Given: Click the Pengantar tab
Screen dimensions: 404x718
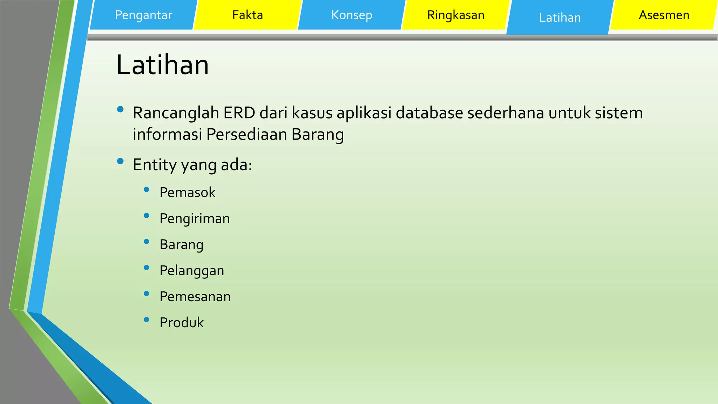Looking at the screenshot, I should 143,15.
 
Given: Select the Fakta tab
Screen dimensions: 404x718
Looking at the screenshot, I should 248,15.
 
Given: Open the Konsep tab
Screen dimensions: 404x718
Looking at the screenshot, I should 352,15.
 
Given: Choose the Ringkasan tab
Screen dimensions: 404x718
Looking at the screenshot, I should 456,15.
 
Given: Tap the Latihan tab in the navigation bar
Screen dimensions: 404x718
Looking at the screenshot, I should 560,18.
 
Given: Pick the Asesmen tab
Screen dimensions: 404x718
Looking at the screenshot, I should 664,15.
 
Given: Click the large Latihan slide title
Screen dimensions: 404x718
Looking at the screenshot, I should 162,65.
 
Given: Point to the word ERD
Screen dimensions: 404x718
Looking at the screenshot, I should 239,113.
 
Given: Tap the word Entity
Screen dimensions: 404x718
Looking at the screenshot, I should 154,165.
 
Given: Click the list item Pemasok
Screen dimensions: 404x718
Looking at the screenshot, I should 187,193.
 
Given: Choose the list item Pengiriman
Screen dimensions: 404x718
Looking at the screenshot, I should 195,218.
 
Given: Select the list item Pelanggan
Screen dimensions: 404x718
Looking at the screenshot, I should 192,271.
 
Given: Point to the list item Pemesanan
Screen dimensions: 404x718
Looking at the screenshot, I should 195,297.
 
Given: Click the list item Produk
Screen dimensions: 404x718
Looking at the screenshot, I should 182,323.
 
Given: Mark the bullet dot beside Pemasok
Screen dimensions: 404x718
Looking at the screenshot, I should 147,190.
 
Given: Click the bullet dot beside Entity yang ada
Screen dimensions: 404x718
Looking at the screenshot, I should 120,161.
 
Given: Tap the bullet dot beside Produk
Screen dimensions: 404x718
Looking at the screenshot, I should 147,319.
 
